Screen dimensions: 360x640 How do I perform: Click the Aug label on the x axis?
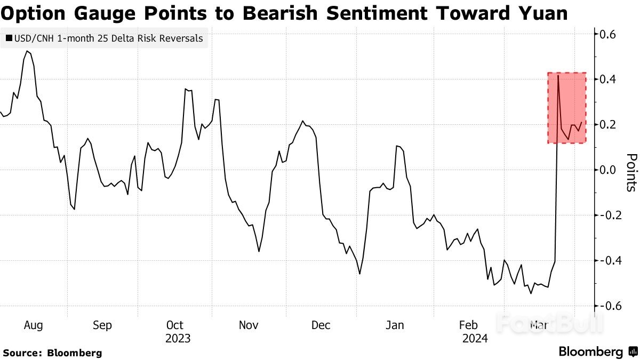33,325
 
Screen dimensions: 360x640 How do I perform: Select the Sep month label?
102,325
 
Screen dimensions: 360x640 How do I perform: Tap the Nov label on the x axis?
248,325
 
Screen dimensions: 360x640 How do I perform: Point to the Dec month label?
321,325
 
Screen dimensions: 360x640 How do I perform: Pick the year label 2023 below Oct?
178,339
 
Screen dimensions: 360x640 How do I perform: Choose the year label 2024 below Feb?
475,339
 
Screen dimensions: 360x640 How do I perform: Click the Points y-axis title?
632,172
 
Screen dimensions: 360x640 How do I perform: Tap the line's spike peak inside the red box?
558,76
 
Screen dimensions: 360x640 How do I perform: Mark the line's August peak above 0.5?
27,51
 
